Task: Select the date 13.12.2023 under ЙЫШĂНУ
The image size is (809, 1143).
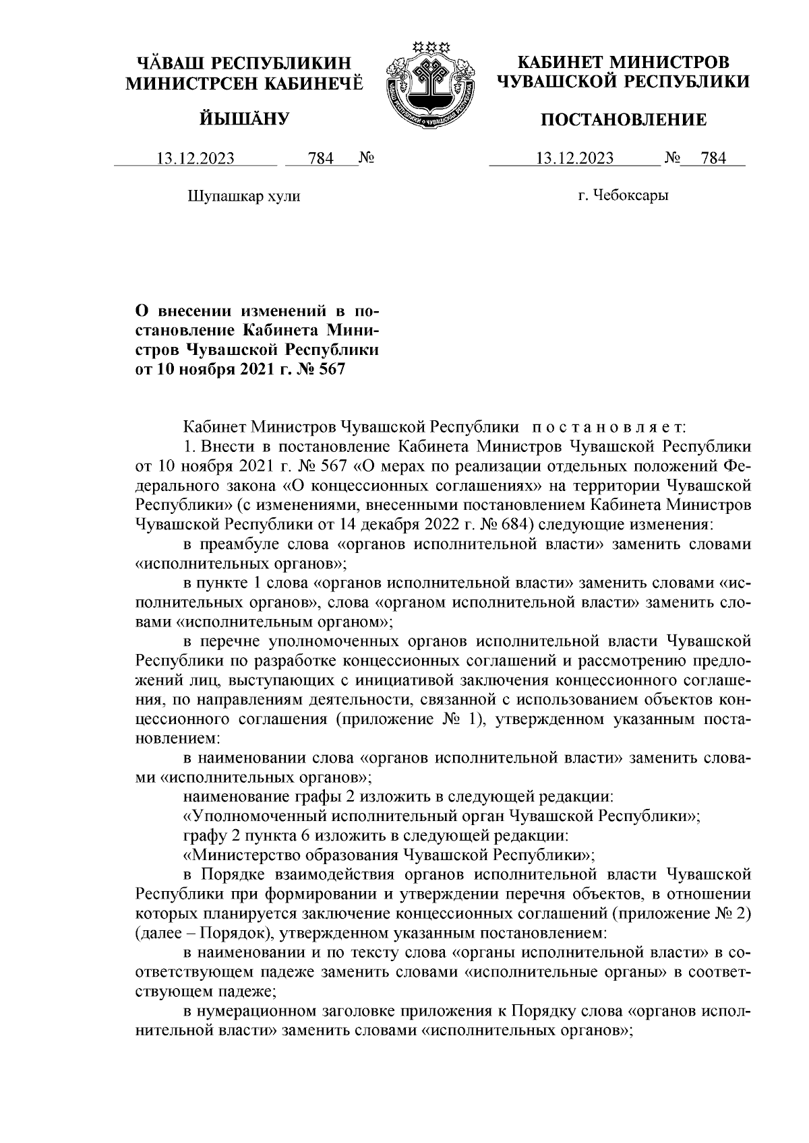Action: [x=196, y=159]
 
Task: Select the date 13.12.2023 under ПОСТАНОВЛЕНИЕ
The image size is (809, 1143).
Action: [x=574, y=159]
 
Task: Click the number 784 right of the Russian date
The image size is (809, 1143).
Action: [x=713, y=159]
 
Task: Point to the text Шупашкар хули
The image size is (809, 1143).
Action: [x=243, y=197]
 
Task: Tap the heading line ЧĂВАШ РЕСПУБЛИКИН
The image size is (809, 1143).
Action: [x=245, y=64]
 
